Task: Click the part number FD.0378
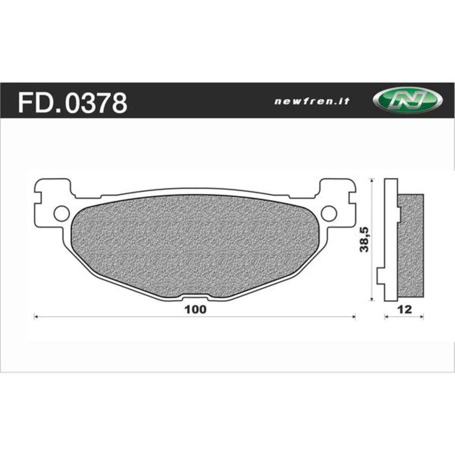(x=72, y=103)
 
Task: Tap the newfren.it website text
(x=312, y=102)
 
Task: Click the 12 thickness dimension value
(x=404, y=309)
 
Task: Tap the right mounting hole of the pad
(x=329, y=212)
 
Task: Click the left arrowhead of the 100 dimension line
(x=36, y=316)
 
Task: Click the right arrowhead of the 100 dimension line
(x=353, y=316)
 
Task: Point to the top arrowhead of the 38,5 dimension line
(x=373, y=181)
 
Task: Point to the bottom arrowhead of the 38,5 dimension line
(x=373, y=298)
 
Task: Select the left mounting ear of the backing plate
(x=52, y=200)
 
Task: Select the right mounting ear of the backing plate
(x=337, y=200)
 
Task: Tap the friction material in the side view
(x=411, y=246)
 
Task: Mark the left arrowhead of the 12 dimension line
(x=386, y=316)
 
